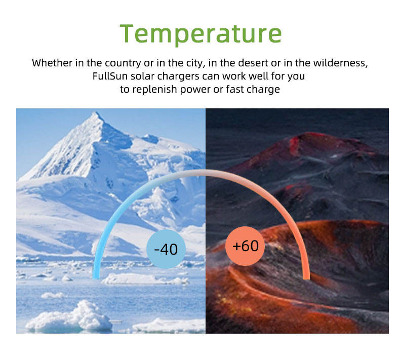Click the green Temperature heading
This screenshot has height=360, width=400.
(x=201, y=34)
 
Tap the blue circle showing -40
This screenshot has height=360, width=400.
(x=166, y=249)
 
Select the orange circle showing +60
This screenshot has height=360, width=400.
(x=245, y=246)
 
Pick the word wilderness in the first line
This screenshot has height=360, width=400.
(x=341, y=63)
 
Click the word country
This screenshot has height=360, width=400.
(x=123, y=63)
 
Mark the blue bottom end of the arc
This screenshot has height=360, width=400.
(x=96, y=277)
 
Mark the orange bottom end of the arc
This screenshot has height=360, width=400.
(x=306, y=277)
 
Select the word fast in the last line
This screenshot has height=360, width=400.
(x=235, y=89)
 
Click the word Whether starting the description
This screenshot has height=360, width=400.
(x=52, y=63)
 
